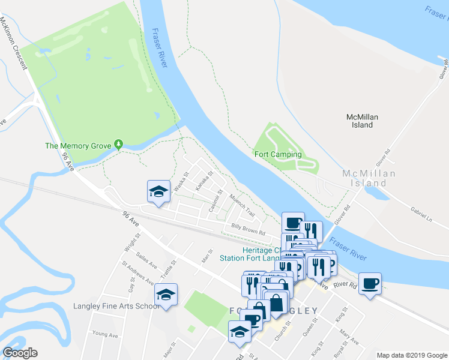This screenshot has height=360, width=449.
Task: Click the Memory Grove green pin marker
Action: point(119,145)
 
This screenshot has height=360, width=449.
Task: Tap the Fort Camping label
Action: point(278,154)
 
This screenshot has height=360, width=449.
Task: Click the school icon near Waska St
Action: point(158,191)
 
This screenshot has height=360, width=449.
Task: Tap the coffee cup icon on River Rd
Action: point(370,283)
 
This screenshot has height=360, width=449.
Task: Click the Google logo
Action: point(20,353)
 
